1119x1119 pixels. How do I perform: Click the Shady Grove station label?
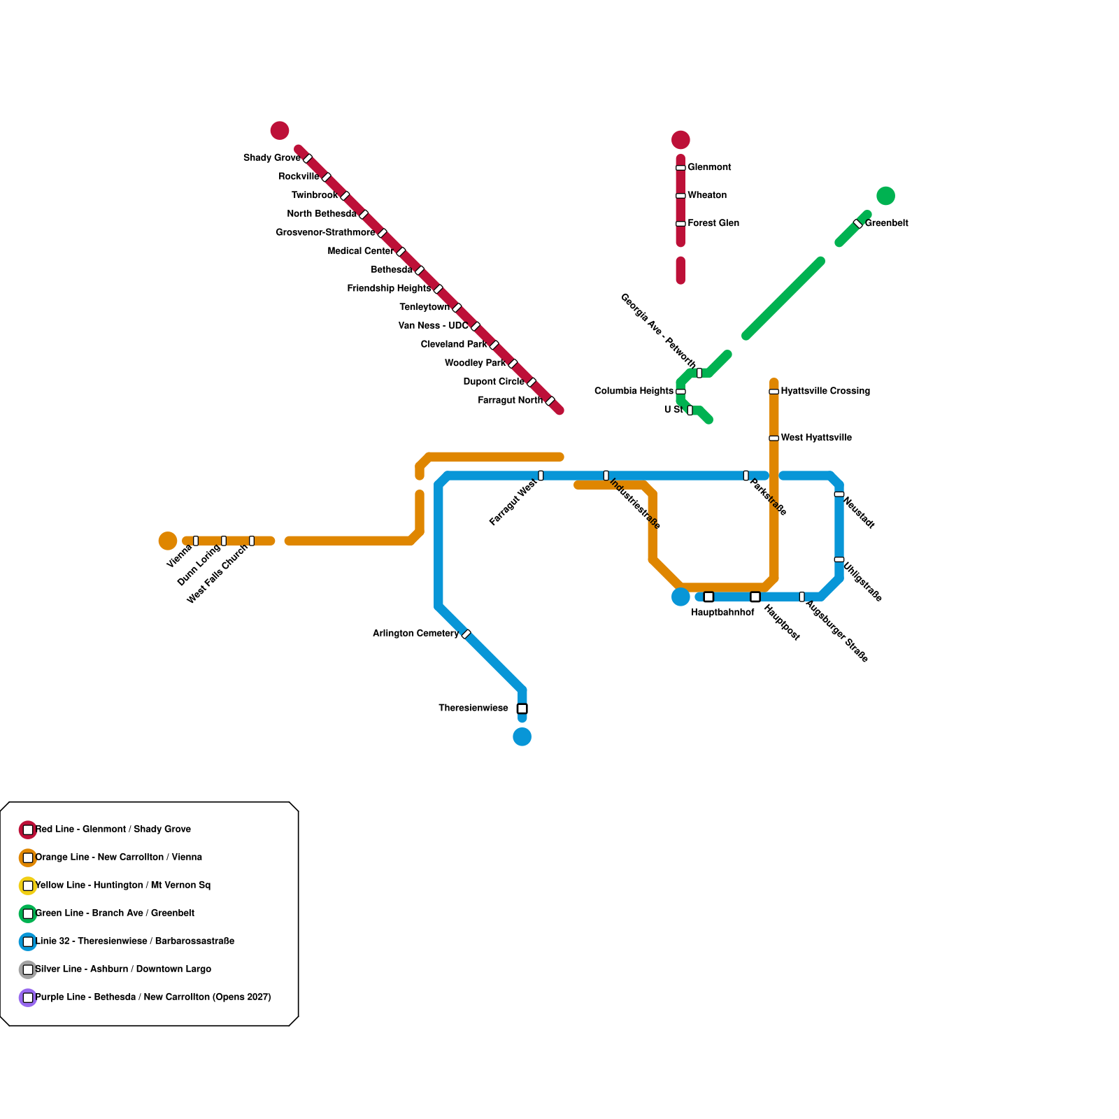pos(272,158)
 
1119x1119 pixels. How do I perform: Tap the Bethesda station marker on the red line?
pos(420,270)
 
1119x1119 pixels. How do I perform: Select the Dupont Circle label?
pos(494,382)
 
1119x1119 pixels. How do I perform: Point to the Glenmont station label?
pos(709,168)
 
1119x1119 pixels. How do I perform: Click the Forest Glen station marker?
pos(680,224)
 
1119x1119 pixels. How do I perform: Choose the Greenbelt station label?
pos(886,224)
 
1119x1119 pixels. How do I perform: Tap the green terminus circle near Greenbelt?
pos(885,196)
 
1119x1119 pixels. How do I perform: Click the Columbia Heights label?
pos(634,391)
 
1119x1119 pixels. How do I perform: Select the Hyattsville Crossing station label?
pos(825,391)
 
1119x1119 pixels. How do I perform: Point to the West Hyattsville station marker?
pos(774,439)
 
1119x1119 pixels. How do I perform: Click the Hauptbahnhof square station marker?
pos(708,597)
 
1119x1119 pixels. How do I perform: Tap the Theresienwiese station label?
pos(473,708)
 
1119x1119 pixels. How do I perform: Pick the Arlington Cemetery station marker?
pos(466,634)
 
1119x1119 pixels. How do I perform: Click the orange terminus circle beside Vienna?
pos(168,541)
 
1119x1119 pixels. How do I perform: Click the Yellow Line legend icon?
pos(28,885)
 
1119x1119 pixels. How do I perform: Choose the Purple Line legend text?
pos(153,997)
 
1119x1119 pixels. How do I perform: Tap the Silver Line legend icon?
pos(28,969)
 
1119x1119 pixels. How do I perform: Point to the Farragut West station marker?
pos(541,476)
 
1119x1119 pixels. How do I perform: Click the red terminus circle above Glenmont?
pos(680,140)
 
